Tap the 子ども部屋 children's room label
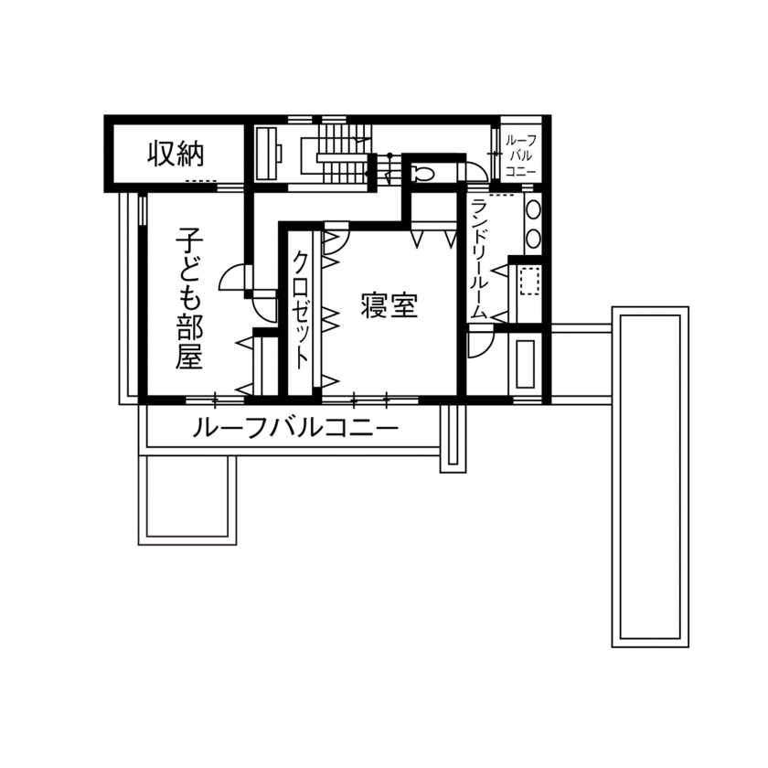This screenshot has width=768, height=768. [x=189, y=297]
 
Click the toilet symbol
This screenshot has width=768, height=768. [x=423, y=172]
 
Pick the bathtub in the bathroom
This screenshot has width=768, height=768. [x=525, y=365]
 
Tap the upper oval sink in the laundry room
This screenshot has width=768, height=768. [x=533, y=209]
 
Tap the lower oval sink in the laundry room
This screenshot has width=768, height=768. [x=533, y=238]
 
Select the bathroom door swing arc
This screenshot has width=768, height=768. [x=479, y=344]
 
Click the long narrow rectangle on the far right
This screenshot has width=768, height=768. [x=649, y=475]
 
